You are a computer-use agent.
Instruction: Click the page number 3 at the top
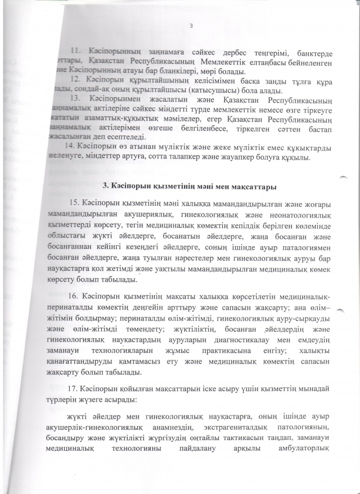(192, 25)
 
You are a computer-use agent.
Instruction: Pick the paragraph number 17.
(74, 389)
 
